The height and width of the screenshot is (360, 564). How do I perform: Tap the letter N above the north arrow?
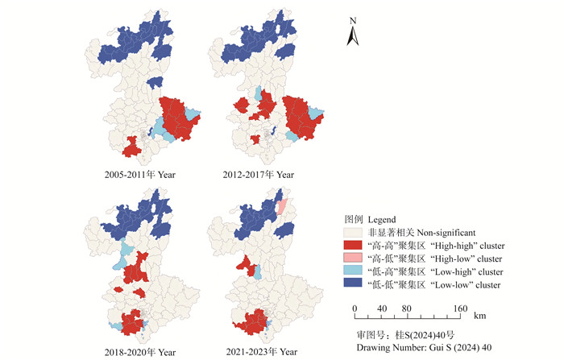click(353, 19)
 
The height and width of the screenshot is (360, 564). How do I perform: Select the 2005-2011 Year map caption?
click(140, 175)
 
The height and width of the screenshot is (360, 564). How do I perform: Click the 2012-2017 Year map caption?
click(259, 175)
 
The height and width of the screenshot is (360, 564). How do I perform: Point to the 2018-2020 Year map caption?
click(140, 352)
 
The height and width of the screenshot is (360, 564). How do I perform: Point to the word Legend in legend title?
click(383, 219)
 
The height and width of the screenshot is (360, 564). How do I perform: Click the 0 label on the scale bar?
click(355, 308)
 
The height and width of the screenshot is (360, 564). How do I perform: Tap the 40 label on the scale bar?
click(382, 308)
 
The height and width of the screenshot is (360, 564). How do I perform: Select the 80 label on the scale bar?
click(408, 308)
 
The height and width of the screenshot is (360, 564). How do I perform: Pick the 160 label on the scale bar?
click(459, 308)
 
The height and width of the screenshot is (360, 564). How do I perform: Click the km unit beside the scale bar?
click(480, 317)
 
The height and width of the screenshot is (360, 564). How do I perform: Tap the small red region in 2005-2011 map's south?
click(131, 147)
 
